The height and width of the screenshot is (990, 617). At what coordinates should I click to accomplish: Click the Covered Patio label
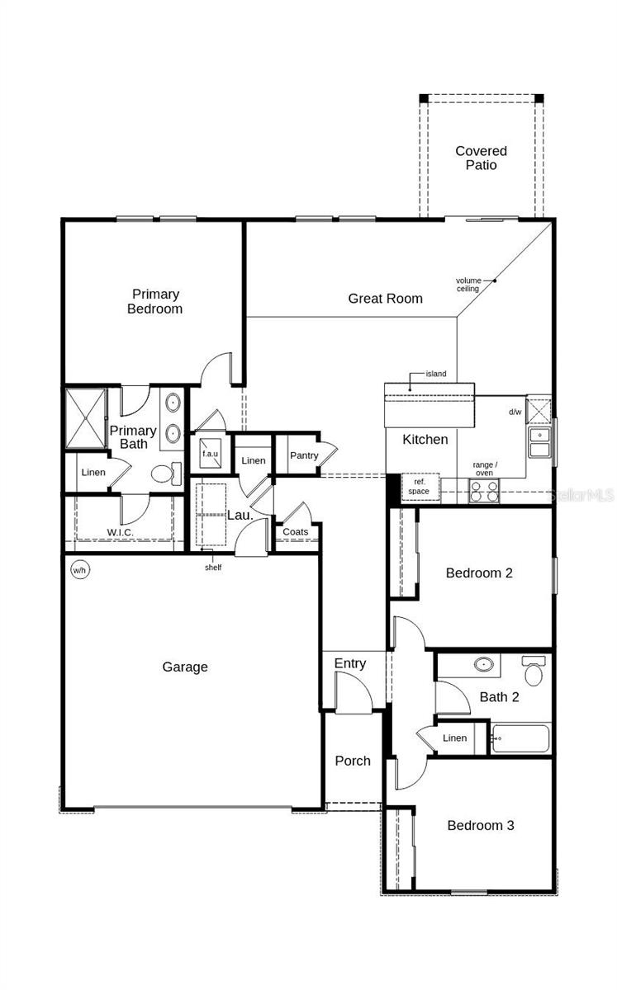[482, 158]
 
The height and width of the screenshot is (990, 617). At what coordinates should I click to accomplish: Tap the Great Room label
[385, 299]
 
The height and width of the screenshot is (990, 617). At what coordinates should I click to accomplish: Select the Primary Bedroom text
[154, 301]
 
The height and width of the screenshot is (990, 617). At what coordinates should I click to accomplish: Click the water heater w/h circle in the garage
[79, 570]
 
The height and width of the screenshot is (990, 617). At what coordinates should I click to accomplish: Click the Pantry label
[304, 455]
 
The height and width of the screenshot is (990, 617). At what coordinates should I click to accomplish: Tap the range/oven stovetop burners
[484, 491]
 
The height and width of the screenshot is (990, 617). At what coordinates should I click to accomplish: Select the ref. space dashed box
[420, 487]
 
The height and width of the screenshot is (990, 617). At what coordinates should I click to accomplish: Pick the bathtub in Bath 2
[520, 738]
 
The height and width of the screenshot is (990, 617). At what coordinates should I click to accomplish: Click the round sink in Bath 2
[484, 664]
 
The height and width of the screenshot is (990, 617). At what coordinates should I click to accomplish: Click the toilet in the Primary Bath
[166, 474]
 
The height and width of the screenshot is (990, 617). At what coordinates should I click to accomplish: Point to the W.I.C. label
[120, 532]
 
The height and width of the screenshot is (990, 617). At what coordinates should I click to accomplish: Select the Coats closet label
[295, 531]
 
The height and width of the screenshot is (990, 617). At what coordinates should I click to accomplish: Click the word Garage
[185, 667]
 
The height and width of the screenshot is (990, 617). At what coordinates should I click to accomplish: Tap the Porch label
[353, 761]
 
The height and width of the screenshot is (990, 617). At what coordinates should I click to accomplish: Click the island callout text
[435, 374]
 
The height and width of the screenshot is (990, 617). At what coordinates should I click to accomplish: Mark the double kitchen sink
[540, 442]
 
